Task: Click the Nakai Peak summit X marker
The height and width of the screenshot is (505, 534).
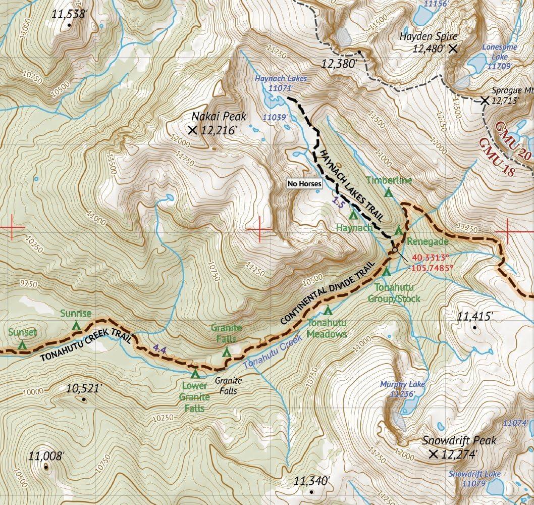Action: tap(192, 130)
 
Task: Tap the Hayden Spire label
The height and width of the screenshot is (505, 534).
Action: tap(428, 36)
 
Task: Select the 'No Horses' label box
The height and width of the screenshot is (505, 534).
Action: tap(304, 184)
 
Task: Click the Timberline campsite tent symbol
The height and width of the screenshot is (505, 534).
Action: tap(389, 192)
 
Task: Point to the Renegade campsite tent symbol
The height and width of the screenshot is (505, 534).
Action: tap(399, 231)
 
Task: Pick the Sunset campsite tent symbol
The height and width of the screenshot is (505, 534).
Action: tap(22, 345)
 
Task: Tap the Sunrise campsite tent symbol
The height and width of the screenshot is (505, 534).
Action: tap(76, 326)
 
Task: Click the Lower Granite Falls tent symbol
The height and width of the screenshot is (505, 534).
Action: tap(195, 374)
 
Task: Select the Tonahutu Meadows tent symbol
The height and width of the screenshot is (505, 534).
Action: tap(329, 310)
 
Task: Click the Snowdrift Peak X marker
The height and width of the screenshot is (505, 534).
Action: tap(433, 454)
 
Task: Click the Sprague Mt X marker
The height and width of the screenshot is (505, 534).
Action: tap(485, 100)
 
